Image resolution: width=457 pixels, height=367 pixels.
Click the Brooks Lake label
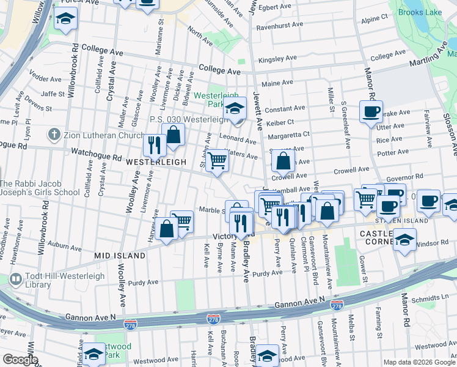pos(419,12)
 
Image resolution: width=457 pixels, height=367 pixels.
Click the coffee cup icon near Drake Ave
pos(371,112)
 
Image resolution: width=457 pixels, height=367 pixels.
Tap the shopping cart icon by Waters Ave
pos(217,161)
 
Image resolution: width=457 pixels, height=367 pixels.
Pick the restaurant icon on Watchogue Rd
pos(154,144)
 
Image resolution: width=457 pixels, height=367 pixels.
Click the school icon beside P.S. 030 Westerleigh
pos(234,109)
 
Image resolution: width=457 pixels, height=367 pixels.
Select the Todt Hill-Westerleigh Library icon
pos(16,280)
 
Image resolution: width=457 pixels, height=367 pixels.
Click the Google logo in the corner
pos(20,360)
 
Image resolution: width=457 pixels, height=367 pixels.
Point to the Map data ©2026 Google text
pos(419,362)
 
